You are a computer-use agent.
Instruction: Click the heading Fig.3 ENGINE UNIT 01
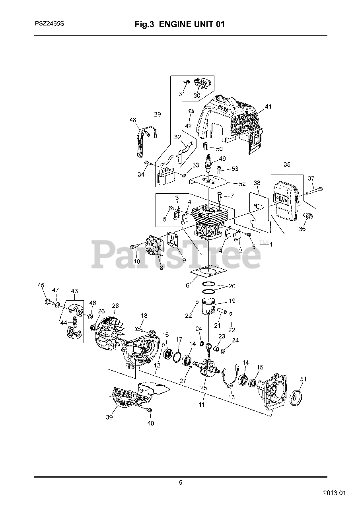click(180, 24)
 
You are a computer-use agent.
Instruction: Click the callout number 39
click(109, 417)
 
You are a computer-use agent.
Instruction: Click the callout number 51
click(304, 379)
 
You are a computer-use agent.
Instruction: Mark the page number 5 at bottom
click(181, 483)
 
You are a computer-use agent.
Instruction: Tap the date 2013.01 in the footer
click(334, 493)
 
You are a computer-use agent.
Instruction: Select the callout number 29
click(158, 114)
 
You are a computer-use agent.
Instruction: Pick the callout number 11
click(202, 405)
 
